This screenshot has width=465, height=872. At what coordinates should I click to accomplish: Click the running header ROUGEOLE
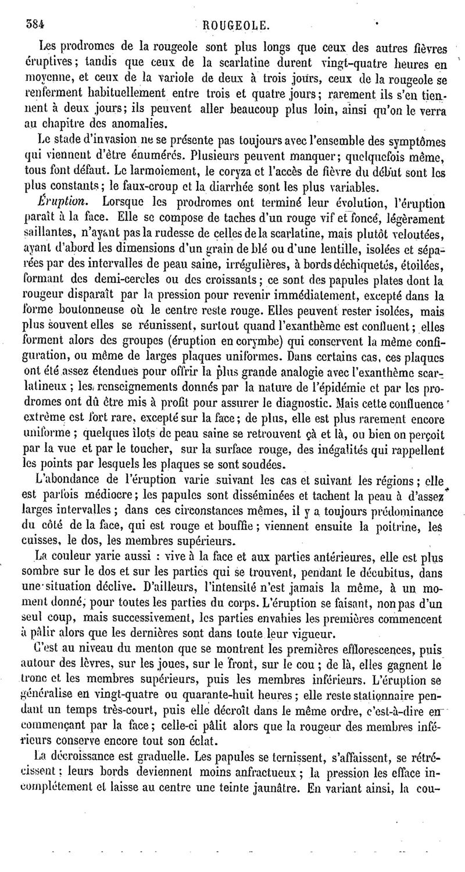click(x=236, y=25)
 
